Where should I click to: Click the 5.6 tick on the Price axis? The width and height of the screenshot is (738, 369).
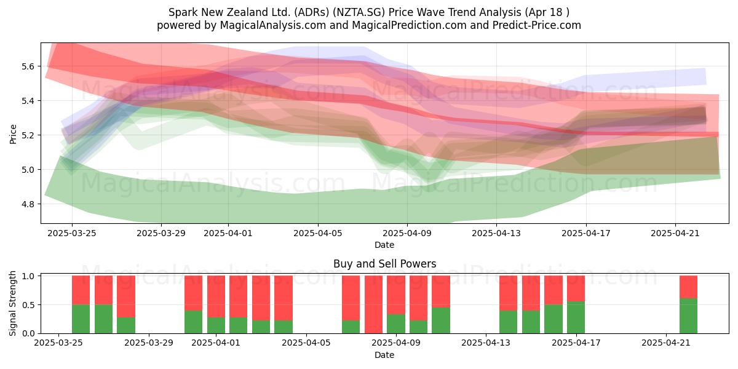(28, 66)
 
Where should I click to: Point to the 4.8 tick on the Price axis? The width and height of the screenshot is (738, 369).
(28, 204)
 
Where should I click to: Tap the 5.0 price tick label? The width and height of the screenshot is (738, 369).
(28, 170)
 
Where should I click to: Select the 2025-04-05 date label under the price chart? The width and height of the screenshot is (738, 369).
(318, 233)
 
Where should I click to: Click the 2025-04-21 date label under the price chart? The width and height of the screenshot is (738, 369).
(675, 233)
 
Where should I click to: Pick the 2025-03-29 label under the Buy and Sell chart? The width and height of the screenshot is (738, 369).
(149, 343)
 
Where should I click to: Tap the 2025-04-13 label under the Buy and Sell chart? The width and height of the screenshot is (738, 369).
(486, 343)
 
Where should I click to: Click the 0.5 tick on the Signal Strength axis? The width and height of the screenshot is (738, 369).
(28, 305)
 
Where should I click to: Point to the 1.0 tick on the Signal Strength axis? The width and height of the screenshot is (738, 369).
(28, 276)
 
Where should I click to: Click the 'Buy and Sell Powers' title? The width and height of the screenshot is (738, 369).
(384, 264)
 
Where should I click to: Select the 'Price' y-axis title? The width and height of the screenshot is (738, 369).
(13, 134)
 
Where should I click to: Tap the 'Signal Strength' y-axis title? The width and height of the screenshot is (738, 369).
(13, 303)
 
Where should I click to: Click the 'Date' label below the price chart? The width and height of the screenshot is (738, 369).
(384, 245)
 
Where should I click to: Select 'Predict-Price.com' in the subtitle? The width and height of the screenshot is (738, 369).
(537, 25)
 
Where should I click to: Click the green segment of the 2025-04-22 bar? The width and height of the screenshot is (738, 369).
(689, 316)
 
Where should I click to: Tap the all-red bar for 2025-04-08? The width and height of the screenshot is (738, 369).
(374, 304)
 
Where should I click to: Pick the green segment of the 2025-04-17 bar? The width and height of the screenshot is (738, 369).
(576, 317)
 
